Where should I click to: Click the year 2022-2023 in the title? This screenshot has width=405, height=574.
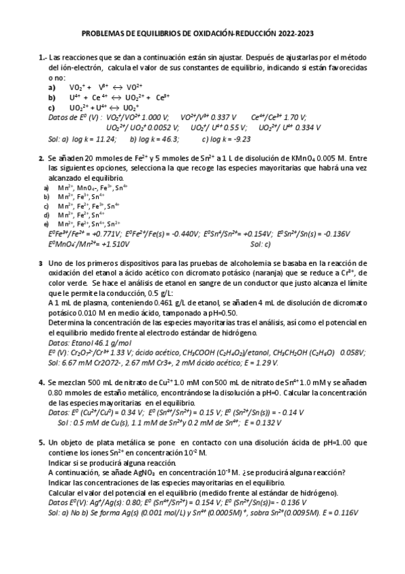click(295, 32)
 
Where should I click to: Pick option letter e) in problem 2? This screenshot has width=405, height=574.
click(46, 223)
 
